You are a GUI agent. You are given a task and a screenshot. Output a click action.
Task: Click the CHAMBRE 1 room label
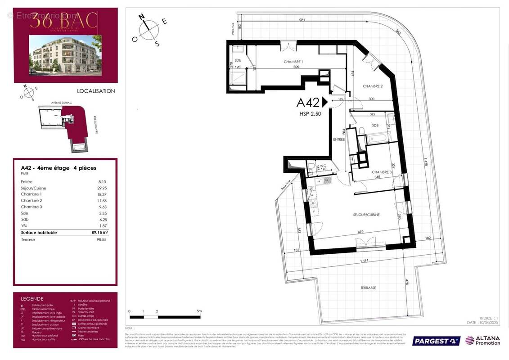pyautogui.click(x=293, y=62)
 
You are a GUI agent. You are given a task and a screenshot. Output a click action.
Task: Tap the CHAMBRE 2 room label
pyautogui.click(x=373, y=86)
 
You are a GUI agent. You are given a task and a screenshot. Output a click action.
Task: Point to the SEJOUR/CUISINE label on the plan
pyautogui.click(x=366, y=215)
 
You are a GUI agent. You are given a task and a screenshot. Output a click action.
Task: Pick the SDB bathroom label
pyautogui.click(x=375, y=126)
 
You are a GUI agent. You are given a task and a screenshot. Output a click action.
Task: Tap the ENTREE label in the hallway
pyautogui.click(x=339, y=139)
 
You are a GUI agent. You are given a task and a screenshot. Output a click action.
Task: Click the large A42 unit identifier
pyautogui.click(x=308, y=103)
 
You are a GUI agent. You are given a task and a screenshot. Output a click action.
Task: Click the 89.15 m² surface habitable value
pyautogui.click(x=97, y=233)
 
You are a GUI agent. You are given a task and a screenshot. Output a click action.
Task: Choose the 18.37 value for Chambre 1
pyautogui.click(x=102, y=194)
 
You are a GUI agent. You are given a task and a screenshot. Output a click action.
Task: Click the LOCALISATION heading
pyautogui.click(x=96, y=91)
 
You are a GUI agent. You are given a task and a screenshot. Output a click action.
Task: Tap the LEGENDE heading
pyautogui.click(x=32, y=298)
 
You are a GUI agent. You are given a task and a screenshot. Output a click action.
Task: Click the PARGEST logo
pyautogui.click(x=436, y=341)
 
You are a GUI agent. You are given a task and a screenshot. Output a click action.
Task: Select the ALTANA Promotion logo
pyautogui.click(x=482, y=340)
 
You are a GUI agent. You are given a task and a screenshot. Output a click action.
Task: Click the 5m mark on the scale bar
pyautogui.click(x=199, y=311)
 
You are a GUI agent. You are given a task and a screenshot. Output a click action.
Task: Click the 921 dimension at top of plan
pyautogui.click(x=302, y=20)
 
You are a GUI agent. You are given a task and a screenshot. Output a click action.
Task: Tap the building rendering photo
pyautogui.click(x=66, y=54)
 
